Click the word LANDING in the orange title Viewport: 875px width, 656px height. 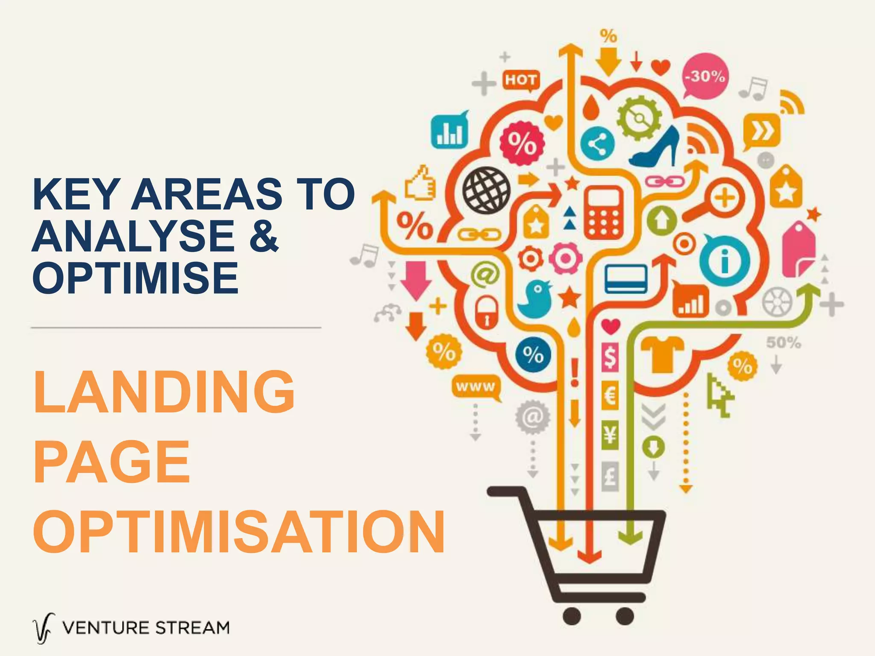pos(164,392)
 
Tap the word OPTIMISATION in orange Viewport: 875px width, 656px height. pos(239,532)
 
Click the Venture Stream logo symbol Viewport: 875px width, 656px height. pos(44,628)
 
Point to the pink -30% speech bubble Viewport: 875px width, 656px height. pos(705,76)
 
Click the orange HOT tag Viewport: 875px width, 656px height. pos(521,80)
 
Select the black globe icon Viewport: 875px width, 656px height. pos(486,190)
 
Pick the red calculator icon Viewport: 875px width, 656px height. pos(604,212)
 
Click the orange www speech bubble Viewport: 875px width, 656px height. pos(476,387)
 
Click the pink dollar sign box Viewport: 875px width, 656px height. pos(610,357)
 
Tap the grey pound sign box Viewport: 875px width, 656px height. pos(610,475)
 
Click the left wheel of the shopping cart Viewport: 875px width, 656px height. pos(572,616)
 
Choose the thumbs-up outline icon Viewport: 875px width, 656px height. pos(420,184)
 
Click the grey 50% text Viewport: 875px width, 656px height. pos(784,343)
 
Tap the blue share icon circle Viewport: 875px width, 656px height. pos(597,144)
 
